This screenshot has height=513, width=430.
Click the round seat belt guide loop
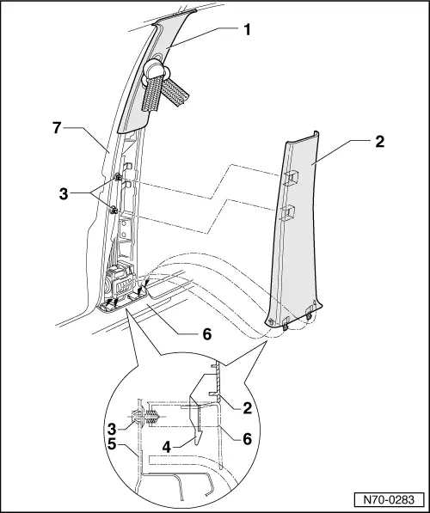coord(155,71)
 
